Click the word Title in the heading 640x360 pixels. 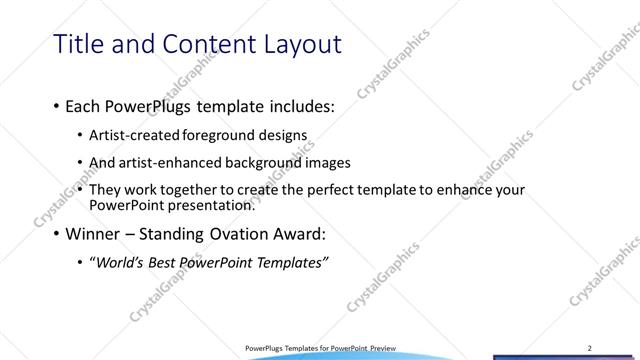78,44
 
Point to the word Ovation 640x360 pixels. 238,236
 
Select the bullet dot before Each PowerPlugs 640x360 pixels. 55,107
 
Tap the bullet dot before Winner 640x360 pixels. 55,237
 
